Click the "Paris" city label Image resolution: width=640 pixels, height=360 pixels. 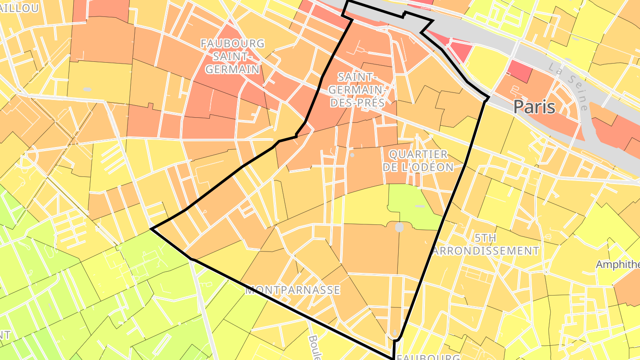(534, 107)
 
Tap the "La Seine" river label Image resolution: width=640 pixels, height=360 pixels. (568, 87)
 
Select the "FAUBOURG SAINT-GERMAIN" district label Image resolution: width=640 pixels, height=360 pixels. (232, 56)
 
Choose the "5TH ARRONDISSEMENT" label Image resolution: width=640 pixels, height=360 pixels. (485, 244)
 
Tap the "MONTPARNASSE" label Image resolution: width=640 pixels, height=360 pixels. (292, 290)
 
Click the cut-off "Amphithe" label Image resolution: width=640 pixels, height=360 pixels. (617, 264)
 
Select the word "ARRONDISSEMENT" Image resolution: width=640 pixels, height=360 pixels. (485, 251)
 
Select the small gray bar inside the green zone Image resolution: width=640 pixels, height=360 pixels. (420, 206)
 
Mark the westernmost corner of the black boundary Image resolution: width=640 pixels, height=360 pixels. (152, 229)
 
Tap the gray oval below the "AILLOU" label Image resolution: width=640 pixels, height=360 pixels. (87, 90)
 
